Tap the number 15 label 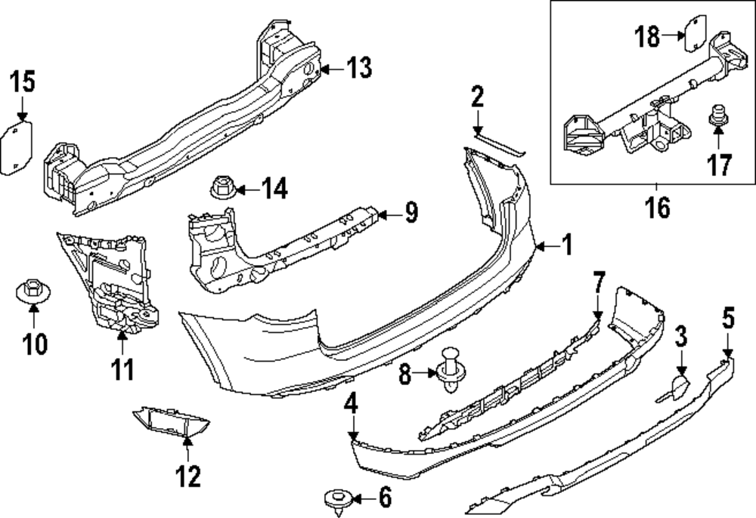(x=23, y=80)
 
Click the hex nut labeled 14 (x=221, y=187)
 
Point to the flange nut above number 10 (x=29, y=291)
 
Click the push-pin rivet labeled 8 (x=452, y=369)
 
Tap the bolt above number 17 (x=717, y=118)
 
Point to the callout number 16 (x=658, y=208)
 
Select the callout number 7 (x=598, y=285)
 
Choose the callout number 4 (x=350, y=405)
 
